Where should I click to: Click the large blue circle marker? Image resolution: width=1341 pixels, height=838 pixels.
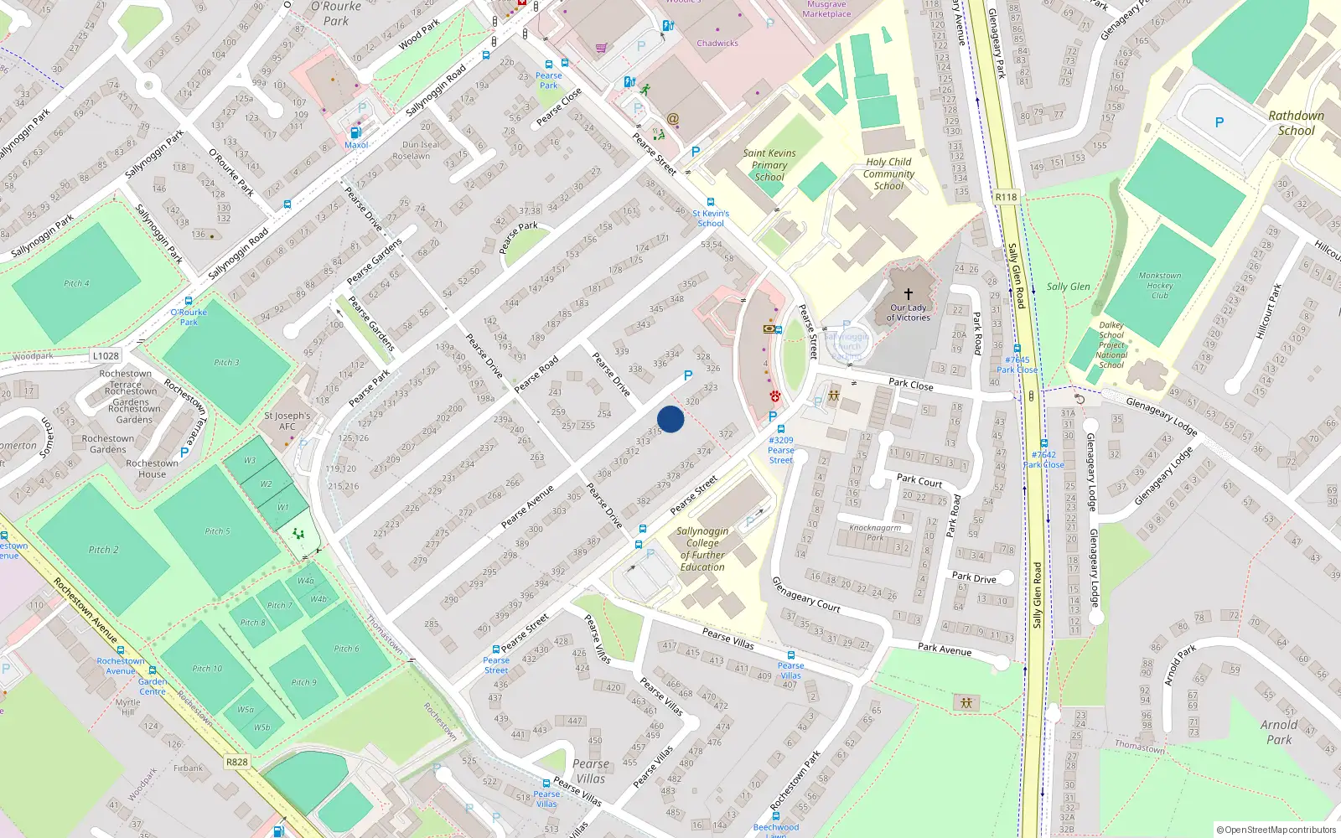pyautogui.click(x=670, y=419)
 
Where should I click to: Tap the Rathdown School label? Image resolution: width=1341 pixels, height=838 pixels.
pyautogui.click(x=1296, y=123)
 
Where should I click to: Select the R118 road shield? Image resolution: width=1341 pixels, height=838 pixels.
pyautogui.click(x=1006, y=197)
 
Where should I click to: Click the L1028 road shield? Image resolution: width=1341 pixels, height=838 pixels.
pyautogui.click(x=106, y=356)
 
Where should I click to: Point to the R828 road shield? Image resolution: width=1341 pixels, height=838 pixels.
pyautogui.click(x=237, y=762)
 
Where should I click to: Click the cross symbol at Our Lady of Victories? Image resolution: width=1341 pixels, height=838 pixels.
pyautogui.click(x=908, y=294)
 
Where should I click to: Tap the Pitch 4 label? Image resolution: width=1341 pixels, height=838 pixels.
pyautogui.click(x=76, y=283)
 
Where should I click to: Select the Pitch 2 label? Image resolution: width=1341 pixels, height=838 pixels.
pyautogui.click(x=104, y=550)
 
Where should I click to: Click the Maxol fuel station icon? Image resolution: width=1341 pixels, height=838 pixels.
pyautogui.click(x=355, y=132)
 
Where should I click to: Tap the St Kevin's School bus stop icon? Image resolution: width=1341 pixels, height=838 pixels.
pyautogui.click(x=711, y=202)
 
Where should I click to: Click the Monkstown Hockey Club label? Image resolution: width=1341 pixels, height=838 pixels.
pyautogui.click(x=1160, y=285)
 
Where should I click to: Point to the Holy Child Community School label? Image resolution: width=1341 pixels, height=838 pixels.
pyautogui.click(x=888, y=173)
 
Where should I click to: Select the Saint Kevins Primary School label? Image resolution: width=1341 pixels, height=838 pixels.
pyautogui.click(x=769, y=165)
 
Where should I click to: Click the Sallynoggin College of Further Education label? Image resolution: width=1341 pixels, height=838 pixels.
pyautogui.click(x=702, y=549)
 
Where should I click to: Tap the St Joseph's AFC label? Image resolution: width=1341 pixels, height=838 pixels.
pyautogui.click(x=287, y=421)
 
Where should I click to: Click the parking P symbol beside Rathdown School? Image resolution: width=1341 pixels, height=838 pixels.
pyautogui.click(x=1219, y=123)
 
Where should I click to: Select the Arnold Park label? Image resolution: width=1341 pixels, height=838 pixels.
pyautogui.click(x=1279, y=732)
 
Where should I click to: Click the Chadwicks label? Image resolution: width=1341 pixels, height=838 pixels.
pyautogui.click(x=717, y=43)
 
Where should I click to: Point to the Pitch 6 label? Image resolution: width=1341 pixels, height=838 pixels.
pyautogui.click(x=346, y=649)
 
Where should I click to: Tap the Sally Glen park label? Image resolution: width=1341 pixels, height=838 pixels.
pyautogui.click(x=1068, y=287)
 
